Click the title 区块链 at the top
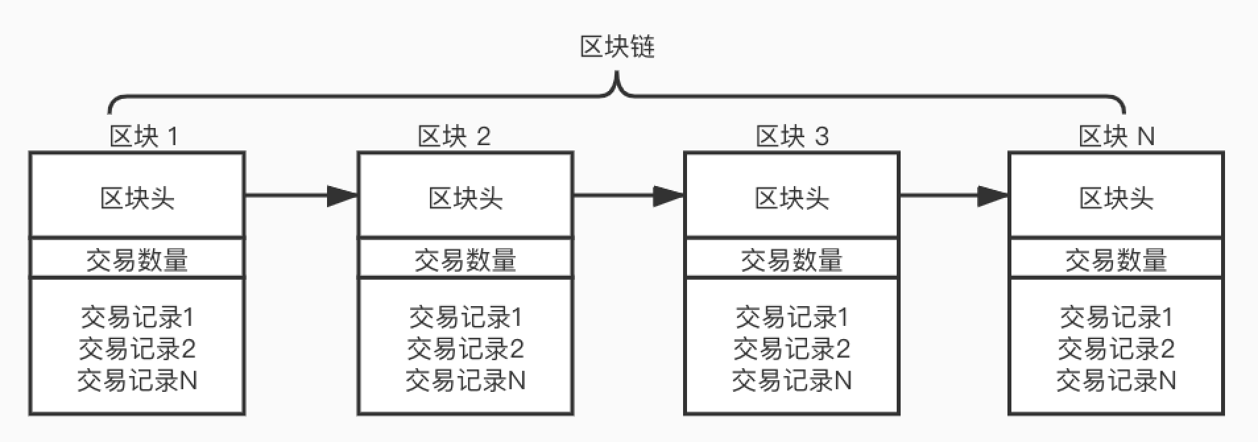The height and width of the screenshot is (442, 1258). point(617,47)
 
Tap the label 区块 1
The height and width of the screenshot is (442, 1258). point(143,137)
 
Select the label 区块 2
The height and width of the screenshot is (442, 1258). point(454,137)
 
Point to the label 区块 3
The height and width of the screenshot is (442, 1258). point(792,137)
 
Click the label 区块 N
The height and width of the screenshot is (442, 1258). point(1116,137)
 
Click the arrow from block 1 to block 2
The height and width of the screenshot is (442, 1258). point(301,195)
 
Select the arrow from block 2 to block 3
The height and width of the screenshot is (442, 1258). point(628,195)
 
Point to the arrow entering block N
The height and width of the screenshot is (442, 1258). point(953,195)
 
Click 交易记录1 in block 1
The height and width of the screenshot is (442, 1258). point(137,318)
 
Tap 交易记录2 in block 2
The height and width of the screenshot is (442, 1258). point(465,349)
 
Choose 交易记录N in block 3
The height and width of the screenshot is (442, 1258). point(791,381)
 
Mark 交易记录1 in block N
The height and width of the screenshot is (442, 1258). point(1116,318)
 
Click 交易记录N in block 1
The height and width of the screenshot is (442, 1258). point(137,381)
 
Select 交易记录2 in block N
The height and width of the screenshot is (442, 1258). point(1116,349)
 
